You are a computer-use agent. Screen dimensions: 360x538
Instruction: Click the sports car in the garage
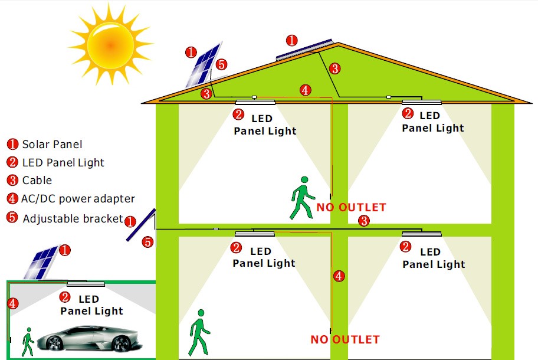pos(93,338)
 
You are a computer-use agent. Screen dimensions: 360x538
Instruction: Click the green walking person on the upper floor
pos(302,198)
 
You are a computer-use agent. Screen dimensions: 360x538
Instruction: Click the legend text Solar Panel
pos(52,144)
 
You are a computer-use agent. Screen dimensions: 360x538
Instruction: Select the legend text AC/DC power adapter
pos(78,199)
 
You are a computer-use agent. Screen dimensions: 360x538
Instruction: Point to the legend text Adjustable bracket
pos(73,218)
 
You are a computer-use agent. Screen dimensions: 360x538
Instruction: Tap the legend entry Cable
pos(37,181)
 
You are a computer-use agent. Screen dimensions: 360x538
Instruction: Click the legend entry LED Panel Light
pos(63,162)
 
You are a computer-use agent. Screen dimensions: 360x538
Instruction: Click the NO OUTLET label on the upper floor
pos(351,207)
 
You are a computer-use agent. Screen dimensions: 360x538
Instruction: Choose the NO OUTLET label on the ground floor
pos(345,339)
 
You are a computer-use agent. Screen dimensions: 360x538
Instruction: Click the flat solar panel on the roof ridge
pos(304,49)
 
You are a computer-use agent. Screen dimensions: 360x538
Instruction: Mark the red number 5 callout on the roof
pos(221,64)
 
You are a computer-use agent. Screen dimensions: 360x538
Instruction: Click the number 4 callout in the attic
pos(305,90)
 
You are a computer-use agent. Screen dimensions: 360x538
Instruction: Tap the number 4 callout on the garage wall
pos(13,303)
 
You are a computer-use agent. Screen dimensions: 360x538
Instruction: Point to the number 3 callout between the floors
pos(365,221)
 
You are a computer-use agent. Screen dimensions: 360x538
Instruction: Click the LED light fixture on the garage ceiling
pos(86,284)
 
